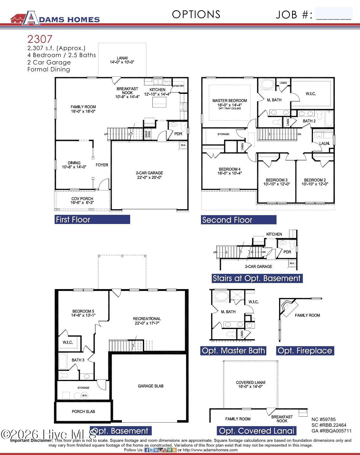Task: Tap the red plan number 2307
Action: [40, 39]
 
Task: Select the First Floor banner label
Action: [92, 220]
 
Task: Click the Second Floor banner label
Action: [238, 220]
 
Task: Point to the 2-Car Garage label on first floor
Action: [149, 175]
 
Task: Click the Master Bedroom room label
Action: [230, 102]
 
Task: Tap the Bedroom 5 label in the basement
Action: [83, 313]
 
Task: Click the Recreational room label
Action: [147, 321]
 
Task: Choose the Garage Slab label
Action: [150, 386]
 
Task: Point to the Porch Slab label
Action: [83, 412]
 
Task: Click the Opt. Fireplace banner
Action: [305, 351]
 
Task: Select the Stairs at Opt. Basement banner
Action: [257, 278]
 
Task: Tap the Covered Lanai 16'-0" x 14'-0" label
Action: [250, 385]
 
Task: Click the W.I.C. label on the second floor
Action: [310, 94]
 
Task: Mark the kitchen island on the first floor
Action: [159, 102]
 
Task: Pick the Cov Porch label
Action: [82, 201]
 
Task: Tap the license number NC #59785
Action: [323, 419]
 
